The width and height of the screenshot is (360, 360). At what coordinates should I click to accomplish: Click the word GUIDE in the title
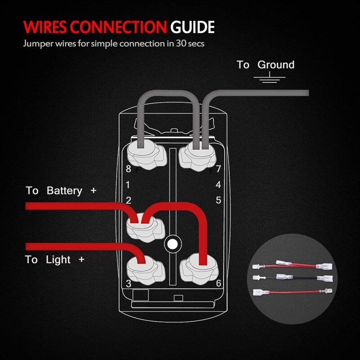[192, 27]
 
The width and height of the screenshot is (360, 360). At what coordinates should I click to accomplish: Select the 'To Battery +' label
[61, 191]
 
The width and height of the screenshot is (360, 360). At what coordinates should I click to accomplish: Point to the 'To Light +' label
[54, 260]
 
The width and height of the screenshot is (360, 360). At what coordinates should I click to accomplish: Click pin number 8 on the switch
[128, 170]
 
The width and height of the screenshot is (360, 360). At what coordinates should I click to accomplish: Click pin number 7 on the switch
[218, 170]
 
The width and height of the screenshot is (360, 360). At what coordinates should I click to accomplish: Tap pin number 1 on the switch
[128, 184]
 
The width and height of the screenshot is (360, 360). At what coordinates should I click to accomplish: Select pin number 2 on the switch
[128, 200]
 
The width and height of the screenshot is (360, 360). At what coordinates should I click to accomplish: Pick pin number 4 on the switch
[218, 184]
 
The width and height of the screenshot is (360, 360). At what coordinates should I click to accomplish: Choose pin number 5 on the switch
[218, 200]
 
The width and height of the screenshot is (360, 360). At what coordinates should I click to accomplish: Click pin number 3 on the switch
[128, 283]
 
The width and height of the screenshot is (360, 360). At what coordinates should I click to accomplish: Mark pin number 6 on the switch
[218, 283]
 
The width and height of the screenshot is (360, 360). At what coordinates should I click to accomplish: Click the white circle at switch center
[171, 244]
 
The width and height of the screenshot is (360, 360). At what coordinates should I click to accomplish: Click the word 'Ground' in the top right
[276, 65]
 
